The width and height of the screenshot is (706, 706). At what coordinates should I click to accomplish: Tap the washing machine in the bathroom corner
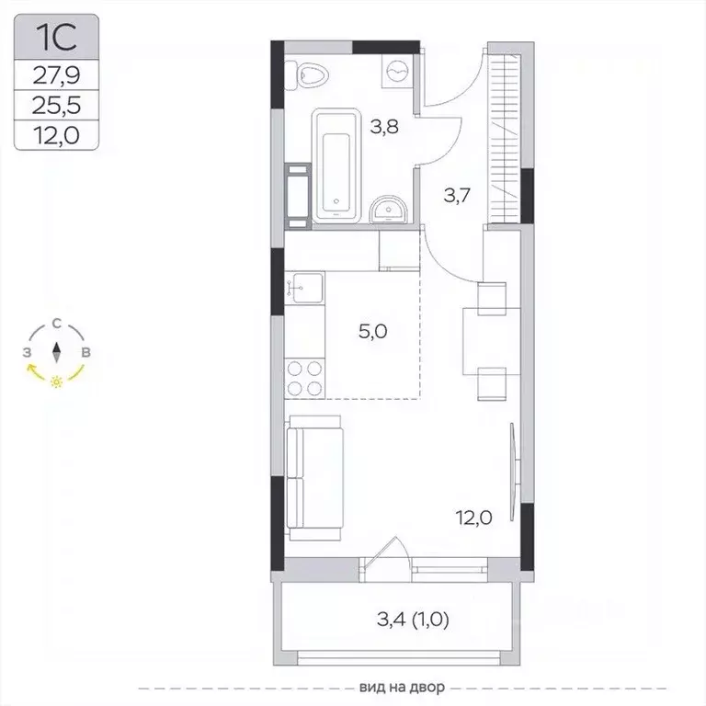[x=397, y=71]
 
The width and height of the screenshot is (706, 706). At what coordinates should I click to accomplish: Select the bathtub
[x=336, y=165]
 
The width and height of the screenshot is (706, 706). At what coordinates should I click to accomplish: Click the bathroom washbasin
[x=388, y=210]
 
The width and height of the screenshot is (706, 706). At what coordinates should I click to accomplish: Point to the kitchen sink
[x=304, y=287]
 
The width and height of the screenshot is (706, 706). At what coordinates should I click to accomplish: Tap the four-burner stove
[x=305, y=378]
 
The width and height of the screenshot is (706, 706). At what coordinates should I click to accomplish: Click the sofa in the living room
[x=314, y=478]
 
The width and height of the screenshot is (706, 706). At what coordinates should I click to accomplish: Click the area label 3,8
[x=384, y=127]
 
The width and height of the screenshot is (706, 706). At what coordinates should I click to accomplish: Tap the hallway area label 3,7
[x=457, y=196]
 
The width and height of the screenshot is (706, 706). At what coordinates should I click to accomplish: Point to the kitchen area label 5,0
[x=373, y=332]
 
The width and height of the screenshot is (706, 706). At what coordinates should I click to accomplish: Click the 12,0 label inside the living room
[x=473, y=518]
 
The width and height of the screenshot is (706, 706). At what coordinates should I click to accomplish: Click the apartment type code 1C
[x=56, y=37]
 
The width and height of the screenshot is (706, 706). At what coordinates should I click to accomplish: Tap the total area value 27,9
[x=56, y=75]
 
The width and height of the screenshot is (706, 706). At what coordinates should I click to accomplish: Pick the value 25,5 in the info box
[x=56, y=106]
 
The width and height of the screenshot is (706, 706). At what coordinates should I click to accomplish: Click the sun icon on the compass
[x=56, y=381]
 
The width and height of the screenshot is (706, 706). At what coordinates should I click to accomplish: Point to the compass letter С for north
[x=56, y=324]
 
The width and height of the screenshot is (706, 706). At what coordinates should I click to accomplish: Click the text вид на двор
[x=402, y=687]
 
